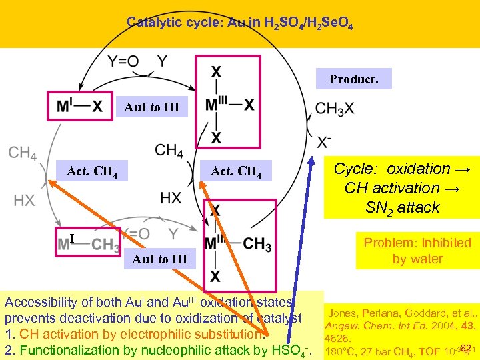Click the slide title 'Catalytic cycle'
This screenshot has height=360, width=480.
239,23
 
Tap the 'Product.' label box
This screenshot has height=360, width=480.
353,79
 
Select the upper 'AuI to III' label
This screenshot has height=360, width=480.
152,107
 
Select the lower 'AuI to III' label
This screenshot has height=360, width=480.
160,259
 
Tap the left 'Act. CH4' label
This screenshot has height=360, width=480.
93,173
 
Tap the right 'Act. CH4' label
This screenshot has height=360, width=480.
236,173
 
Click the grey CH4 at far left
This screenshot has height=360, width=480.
22,153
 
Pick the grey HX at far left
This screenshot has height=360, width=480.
23,200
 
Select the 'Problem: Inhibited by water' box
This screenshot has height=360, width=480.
417,251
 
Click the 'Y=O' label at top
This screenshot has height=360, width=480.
123,62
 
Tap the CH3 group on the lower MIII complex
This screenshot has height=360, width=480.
257,245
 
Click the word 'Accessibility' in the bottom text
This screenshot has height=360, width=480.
40,302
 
